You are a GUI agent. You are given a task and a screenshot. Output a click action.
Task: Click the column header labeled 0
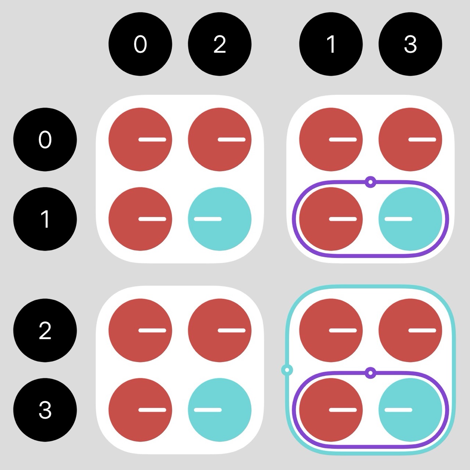click(x=140, y=44)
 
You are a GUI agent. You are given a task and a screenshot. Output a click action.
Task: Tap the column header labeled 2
click(x=220, y=44)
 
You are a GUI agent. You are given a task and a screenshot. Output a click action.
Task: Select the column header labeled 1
click(x=331, y=44)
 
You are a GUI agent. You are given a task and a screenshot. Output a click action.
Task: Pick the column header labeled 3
click(x=410, y=44)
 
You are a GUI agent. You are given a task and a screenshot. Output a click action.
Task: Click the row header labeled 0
click(x=45, y=139)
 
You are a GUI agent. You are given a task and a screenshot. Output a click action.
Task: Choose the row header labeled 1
click(x=45, y=219)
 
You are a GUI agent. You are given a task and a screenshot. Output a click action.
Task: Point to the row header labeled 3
click(x=45, y=410)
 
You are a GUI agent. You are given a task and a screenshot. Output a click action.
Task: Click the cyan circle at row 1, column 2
click(x=220, y=219)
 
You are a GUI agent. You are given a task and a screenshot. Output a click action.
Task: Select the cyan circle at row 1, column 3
click(x=410, y=219)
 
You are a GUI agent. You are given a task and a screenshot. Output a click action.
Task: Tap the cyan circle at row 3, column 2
click(x=220, y=410)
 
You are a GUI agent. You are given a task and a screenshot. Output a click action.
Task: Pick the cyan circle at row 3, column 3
click(x=410, y=410)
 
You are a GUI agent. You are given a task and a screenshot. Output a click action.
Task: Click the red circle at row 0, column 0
click(x=140, y=139)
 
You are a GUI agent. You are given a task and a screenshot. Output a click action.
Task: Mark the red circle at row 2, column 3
click(x=410, y=330)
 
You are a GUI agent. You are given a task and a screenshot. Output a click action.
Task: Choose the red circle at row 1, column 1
click(x=331, y=219)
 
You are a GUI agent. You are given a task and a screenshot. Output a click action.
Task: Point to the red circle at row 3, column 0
click(x=140, y=410)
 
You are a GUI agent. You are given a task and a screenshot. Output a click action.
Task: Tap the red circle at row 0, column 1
click(x=331, y=139)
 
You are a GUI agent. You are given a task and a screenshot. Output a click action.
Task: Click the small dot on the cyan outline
click(x=287, y=370)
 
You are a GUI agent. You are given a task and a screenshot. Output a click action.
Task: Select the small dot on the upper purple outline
click(x=370, y=182)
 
